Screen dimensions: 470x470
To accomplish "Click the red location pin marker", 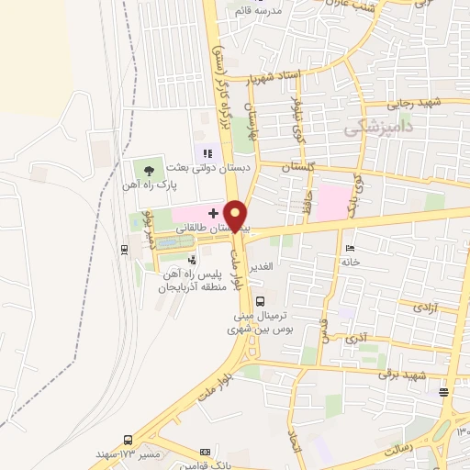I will pyautogui.click(x=237, y=215).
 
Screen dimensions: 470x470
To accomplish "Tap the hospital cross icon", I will pyautogui.click(x=214, y=212).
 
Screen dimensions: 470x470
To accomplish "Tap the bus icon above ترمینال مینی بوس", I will pyautogui.click(x=261, y=300).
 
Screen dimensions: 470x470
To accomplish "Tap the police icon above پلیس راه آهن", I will pyautogui.click(x=192, y=261).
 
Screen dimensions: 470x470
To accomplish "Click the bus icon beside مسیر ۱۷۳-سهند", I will pyautogui.click(x=126, y=440).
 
